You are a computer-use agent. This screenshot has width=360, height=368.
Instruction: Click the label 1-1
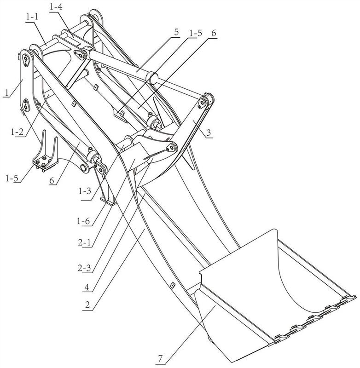(32, 17)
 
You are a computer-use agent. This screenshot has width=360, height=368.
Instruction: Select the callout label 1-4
(56, 7)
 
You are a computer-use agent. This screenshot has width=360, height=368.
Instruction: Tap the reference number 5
(176, 32)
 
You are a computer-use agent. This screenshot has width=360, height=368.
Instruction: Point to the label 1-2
(17, 132)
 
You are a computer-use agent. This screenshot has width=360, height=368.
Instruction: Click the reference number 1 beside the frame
(7, 92)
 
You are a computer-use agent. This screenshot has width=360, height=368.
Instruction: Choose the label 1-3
(85, 191)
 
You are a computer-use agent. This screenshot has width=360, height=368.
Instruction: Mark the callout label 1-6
(83, 221)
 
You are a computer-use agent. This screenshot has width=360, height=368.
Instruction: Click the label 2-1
(84, 242)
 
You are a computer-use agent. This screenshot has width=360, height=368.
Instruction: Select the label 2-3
(84, 268)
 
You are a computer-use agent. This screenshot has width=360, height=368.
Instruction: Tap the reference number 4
(87, 287)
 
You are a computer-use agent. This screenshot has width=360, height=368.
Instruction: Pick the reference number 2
(87, 305)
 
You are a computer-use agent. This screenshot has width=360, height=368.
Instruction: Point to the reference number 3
(209, 133)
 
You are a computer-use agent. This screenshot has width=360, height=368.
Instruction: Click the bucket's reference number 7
(160, 358)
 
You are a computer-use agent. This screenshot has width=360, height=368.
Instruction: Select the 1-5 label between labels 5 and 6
(195, 33)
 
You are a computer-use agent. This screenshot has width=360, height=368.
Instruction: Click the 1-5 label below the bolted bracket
(12, 178)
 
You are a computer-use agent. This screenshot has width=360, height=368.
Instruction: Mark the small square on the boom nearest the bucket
(173, 285)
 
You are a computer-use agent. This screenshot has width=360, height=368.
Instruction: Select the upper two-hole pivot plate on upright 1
(26, 59)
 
